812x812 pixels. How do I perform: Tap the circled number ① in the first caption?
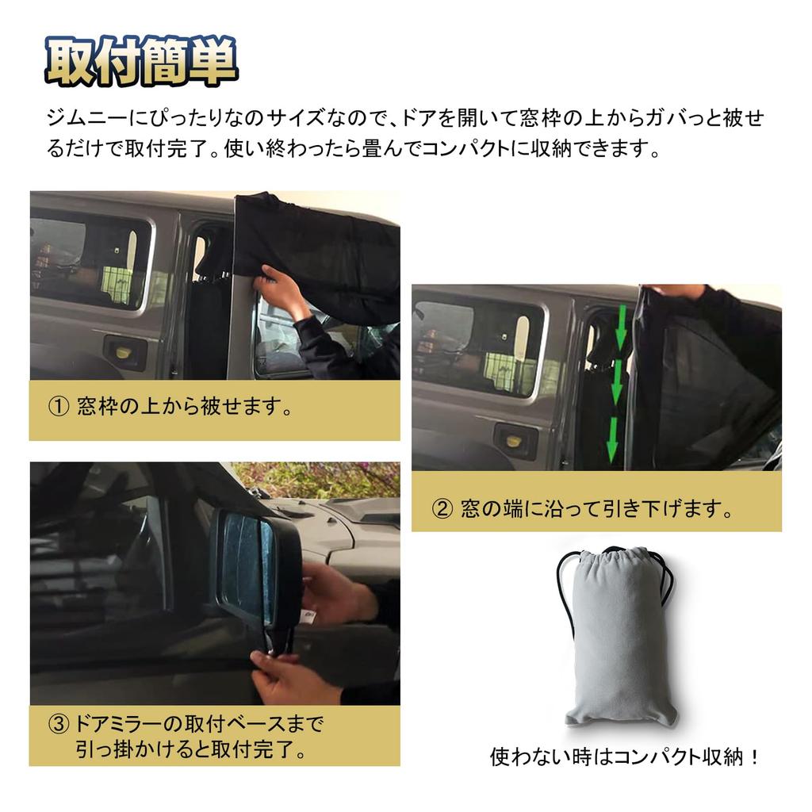[60, 408]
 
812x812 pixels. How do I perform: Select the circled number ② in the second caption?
[442, 509]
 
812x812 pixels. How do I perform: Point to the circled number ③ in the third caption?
[60, 724]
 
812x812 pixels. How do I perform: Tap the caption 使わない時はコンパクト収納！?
[626, 757]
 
